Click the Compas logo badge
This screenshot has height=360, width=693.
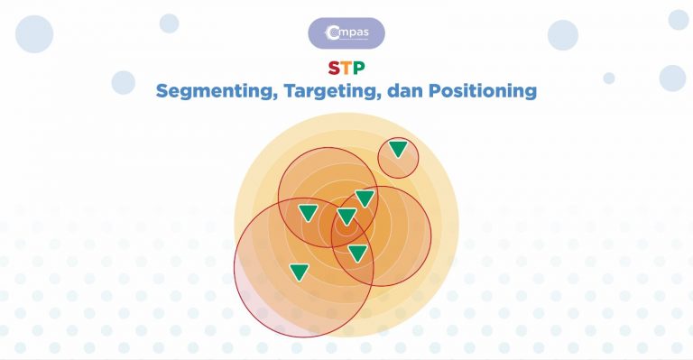click(346, 33)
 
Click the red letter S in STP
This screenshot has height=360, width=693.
click(334, 69)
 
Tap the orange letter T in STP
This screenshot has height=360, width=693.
click(346, 69)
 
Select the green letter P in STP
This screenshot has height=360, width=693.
click(358, 69)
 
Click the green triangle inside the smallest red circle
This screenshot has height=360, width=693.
click(398, 149)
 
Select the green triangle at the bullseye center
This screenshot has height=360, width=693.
click(347, 217)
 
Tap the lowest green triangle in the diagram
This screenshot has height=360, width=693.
click(300, 271)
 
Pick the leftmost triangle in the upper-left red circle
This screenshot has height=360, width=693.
click(308, 213)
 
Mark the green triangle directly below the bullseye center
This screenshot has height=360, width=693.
click(358, 254)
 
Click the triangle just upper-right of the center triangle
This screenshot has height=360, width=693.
click(365, 198)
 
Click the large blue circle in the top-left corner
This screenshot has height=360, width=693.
click(34, 33)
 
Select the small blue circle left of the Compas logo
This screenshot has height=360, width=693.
click(169, 23)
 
